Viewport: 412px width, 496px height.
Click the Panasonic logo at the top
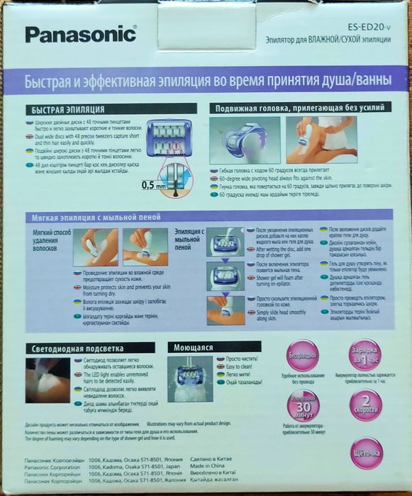pos(80,33)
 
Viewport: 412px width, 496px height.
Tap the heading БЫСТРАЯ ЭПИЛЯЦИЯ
pos(68,111)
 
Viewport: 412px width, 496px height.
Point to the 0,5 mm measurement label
pos(150,185)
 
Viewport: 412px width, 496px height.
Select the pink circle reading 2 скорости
pos(366,405)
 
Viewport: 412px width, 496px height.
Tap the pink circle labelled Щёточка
pos(367,452)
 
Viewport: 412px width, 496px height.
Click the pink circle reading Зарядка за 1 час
pos(366,354)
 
